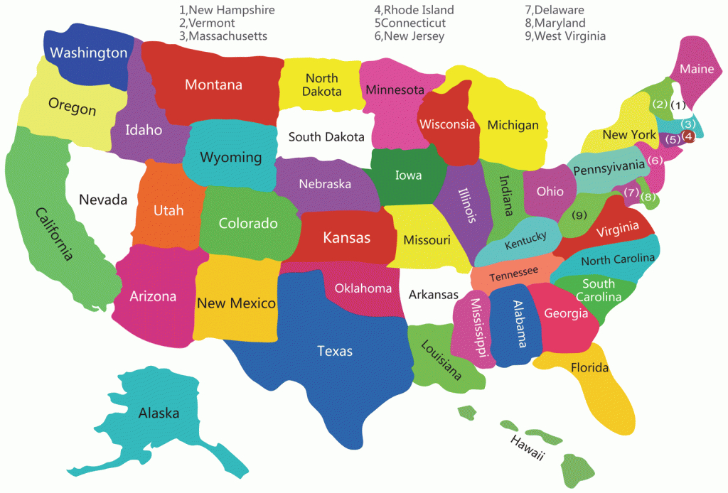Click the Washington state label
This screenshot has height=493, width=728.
click(89, 53)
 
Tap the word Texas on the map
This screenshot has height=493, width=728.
click(335, 350)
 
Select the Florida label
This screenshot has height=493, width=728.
click(589, 367)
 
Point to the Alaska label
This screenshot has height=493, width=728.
click(159, 413)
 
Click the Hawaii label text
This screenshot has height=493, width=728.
click(528, 448)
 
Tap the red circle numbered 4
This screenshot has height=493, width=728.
click(688, 136)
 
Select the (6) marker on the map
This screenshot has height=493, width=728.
click(655, 160)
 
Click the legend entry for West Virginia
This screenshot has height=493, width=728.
click(565, 36)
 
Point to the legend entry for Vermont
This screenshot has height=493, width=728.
click(207, 23)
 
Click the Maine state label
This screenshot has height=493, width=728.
click(697, 70)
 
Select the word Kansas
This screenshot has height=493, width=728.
click(346, 238)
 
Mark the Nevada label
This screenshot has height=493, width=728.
click(103, 200)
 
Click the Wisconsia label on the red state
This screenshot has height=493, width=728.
click(447, 124)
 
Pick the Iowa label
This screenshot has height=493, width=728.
click(408, 175)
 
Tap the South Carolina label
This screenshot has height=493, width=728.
click(598, 290)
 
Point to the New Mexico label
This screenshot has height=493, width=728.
click(236, 303)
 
